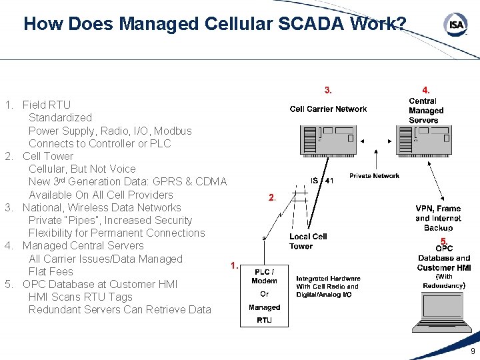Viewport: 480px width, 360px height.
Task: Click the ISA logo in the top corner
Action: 455,25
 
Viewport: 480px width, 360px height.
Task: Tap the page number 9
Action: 473,351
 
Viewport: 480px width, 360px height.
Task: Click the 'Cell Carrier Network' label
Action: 328,109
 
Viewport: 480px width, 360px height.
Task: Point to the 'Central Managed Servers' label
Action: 425,111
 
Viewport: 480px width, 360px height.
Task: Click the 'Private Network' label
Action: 374,176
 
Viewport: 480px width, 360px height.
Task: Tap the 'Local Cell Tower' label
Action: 308,241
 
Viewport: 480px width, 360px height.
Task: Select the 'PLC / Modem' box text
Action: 264,276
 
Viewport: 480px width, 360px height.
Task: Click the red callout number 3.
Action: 328,89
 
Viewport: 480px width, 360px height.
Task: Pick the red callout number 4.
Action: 425,89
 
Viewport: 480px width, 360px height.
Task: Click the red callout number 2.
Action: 271,197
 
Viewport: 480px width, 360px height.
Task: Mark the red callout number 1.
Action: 233,265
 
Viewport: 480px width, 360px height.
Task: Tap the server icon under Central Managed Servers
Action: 424,141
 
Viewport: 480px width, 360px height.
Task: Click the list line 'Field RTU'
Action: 46,105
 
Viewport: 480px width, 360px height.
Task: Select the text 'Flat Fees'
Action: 51,271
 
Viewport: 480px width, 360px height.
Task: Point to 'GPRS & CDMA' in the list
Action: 193,182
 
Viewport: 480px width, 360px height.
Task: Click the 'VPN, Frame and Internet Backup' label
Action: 438,218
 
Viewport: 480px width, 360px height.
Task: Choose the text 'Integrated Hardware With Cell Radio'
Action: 328,283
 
